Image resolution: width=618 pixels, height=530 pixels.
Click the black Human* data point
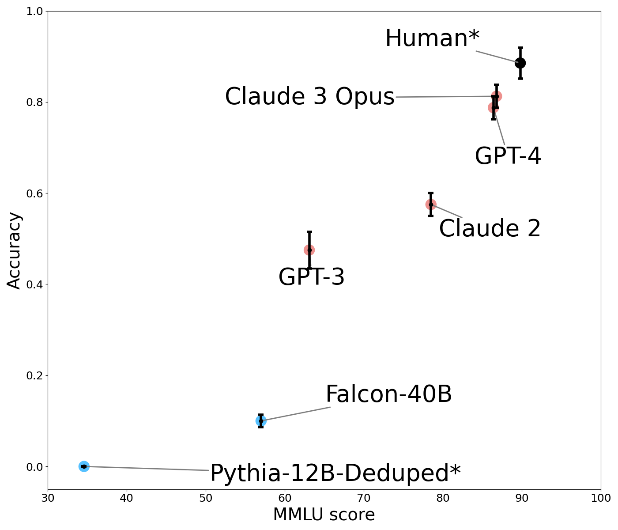point(520,63)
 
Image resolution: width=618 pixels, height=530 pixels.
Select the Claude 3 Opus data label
point(309,97)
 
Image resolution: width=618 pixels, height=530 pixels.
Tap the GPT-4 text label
point(508,156)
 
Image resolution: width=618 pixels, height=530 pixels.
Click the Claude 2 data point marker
point(431,204)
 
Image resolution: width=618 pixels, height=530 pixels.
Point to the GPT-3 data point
point(309,250)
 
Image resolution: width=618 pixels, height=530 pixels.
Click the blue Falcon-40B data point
point(261,421)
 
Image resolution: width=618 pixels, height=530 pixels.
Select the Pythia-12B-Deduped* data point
point(84,466)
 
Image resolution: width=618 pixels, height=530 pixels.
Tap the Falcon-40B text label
point(388,394)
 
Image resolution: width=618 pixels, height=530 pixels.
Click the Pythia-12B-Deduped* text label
point(335,473)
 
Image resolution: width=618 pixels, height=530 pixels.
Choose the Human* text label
point(432,38)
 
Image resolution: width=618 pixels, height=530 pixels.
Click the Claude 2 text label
point(490,229)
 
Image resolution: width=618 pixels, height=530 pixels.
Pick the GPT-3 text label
point(311,278)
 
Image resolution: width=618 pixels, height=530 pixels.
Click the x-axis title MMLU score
point(324,515)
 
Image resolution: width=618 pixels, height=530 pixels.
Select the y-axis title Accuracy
point(15,250)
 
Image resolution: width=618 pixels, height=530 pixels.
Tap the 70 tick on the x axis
point(364,498)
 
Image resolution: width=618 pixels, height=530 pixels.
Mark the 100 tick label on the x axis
point(600,498)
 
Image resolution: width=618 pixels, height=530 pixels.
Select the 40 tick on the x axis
point(127,498)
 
